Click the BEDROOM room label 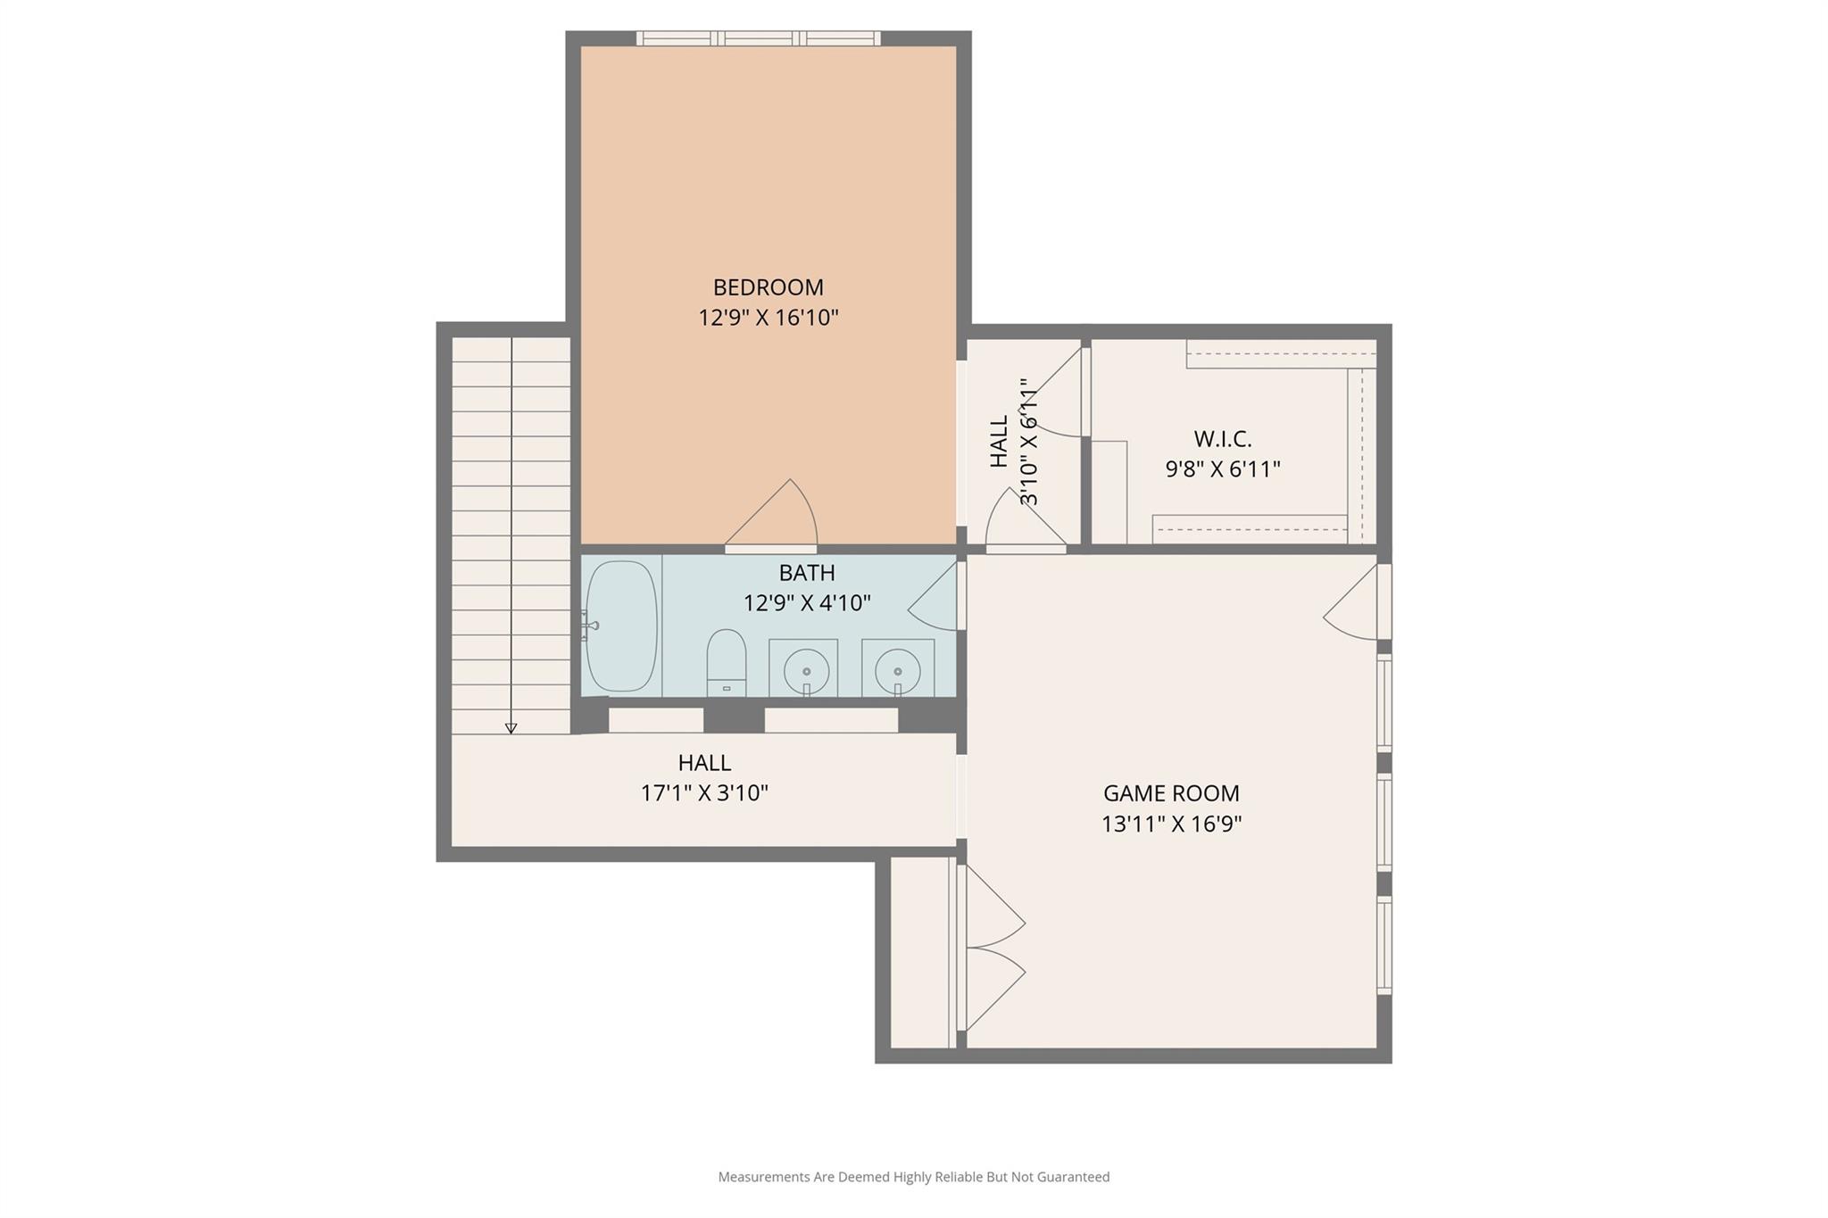tap(768, 287)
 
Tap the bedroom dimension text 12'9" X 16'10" tap(768, 318)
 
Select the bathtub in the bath tap(621, 626)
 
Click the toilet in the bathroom tap(726, 662)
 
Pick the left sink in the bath tap(805, 669)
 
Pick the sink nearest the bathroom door tap(897, 669)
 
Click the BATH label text tap(806, 573)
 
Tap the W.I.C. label tap(1222, 439)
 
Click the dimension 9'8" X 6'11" tap(1222, 469)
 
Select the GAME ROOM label tap(1171, 793)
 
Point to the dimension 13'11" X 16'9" tap(1171, 824)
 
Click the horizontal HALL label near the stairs tap(704, 763)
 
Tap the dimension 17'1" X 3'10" tap(704, 793)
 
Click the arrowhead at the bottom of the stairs tap(511, 728)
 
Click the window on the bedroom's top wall tap(758, 38)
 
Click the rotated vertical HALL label tap(999, 441)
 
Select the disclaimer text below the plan tap(913, 1177)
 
